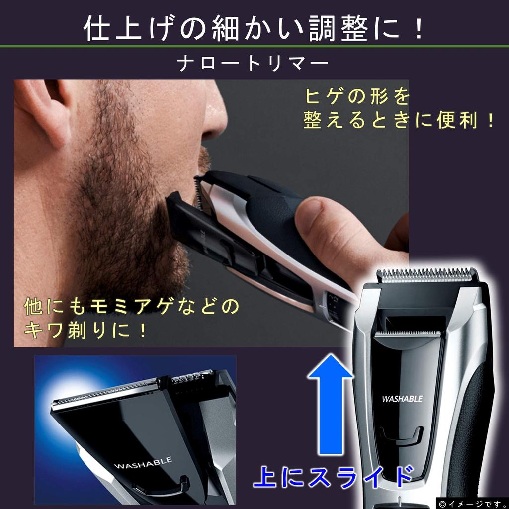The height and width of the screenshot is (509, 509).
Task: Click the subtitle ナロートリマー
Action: pos(254,64)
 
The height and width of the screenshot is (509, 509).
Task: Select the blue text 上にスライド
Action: pos(333,477)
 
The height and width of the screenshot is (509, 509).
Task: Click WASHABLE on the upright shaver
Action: pos(402,398)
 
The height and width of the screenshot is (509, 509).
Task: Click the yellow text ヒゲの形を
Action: pos(356,96)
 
